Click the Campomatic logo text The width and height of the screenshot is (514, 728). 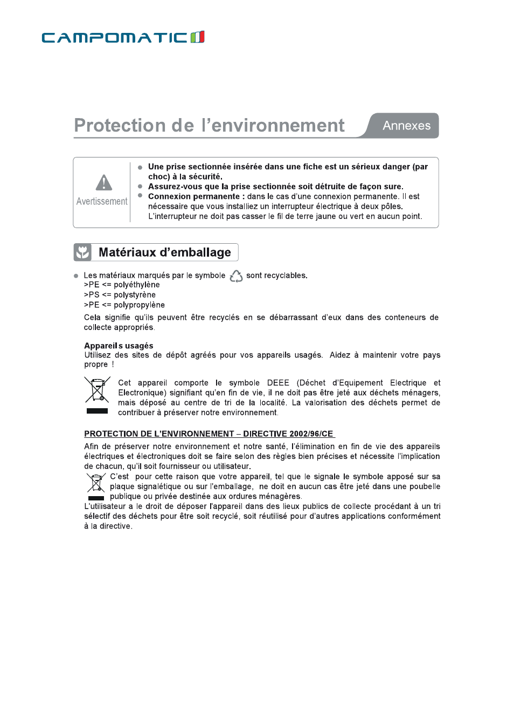click(x=114, y=38)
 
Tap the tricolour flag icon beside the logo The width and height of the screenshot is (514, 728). click(x=198, y=37)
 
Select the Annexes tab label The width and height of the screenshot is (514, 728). click(x=406, y=126)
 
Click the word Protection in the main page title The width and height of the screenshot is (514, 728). click(x=120, y=125)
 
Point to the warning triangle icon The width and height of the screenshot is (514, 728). click(x=103, y=183)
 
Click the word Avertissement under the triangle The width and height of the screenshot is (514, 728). click(x=102, y=201)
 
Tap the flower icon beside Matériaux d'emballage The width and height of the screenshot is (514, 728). click(x=82, y=252)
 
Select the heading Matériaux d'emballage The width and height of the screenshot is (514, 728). click(x=164, y=252)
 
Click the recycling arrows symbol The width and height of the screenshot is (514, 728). click(x=236, y=276)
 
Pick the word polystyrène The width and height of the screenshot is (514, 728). click(x=135, y=295)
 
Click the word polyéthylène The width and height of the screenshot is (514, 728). click(x=137, y=285)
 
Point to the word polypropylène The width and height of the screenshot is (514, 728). click(x=139, y=305)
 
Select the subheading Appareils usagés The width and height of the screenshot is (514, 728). click(x=119, y=346)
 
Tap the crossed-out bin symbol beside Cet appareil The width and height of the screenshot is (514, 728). click(x=97, y=390)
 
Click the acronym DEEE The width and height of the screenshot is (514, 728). click(x=278, y=383)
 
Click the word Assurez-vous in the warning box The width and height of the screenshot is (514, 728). click(x=175, y=187)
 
